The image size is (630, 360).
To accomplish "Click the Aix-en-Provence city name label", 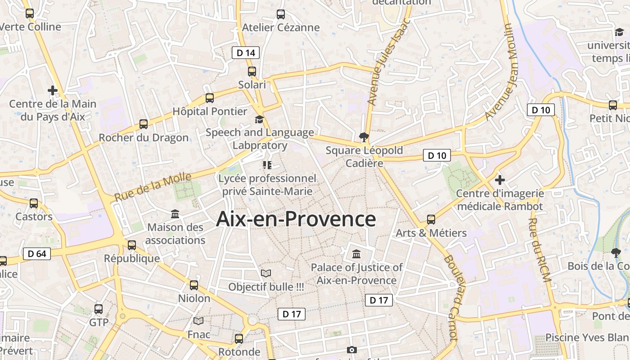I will coord(296,219).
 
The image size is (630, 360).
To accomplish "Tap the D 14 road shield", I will coord(246,53).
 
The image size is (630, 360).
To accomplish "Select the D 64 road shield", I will coord(37,254).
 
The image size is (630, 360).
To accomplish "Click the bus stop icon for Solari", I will coord(252,72).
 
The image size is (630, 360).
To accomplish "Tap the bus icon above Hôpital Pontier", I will coord(209,98).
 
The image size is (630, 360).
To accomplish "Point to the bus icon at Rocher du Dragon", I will coord(144,124).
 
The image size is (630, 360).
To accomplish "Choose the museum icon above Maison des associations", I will coord(175,214).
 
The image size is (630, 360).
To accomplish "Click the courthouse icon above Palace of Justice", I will coord(356,254).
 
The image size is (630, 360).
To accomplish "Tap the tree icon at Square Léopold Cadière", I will coord(364,137).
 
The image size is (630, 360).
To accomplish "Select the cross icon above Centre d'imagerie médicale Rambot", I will coord(499,180).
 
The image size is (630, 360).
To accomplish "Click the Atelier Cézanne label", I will coord(281,27).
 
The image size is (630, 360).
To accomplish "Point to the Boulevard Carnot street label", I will coord(451,297).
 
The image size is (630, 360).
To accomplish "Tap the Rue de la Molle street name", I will coord(153,187).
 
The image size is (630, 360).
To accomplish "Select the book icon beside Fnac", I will coord(198,321).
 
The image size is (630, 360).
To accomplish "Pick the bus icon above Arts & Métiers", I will coord(431,220).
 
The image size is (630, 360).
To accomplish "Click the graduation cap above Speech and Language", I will coord(259,119).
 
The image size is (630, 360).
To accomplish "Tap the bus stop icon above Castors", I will coord(34,203).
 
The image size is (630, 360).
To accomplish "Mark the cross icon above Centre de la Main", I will coord(53,90).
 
